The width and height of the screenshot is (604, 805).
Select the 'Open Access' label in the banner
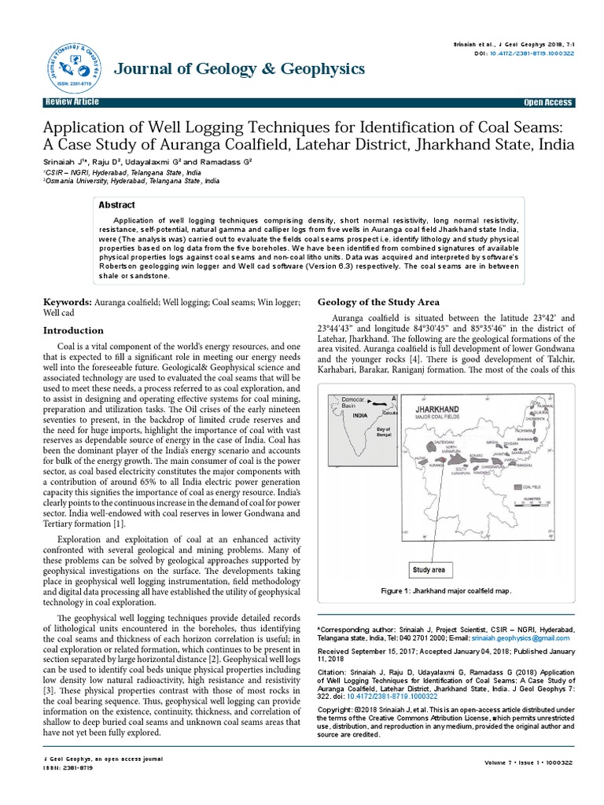tap(548, 103)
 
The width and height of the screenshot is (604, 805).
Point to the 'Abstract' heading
tap(116, 204)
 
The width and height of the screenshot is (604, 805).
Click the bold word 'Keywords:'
tap(67, 302)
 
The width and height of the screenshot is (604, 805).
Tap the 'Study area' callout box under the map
tap(429, 570)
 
